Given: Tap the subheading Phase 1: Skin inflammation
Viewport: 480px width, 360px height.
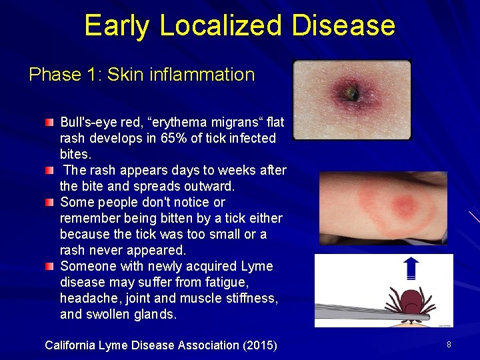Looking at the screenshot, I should [x=141, y=74].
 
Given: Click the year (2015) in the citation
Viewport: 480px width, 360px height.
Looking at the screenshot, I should [x=259, y=345].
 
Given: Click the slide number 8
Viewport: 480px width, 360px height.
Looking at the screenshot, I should [x=449, y=345].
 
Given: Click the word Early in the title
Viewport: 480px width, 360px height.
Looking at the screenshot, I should [x=117, y=25].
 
